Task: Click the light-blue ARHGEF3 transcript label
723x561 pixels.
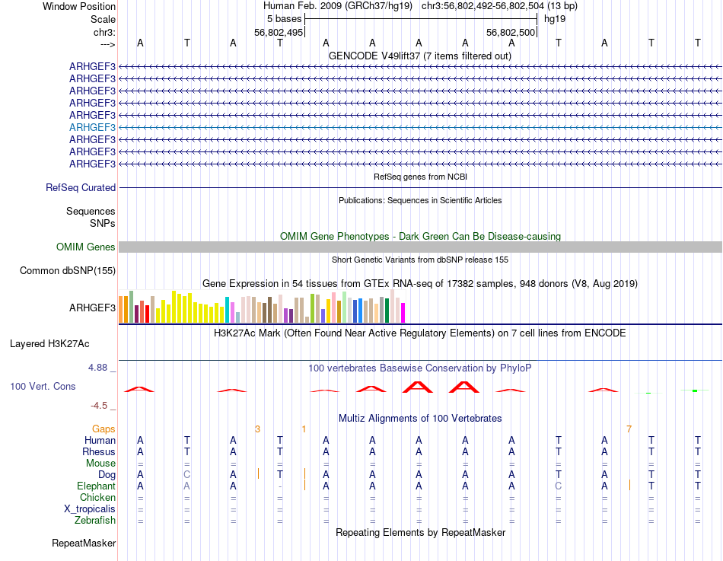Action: pyautogui.click(x=92, y=127)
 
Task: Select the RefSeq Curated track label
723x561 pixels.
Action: pyautogui.click(x=81, y=187)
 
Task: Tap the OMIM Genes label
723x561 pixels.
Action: pyautogui.click(x=86, y=247)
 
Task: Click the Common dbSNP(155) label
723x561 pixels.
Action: pyautogui.click(x=68, y=270)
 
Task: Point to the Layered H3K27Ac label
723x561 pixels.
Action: pyautogui.click(x=62, y=343)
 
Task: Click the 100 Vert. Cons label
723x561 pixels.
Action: pyautogui.click(x=43, y=387)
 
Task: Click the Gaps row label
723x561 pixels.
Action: pyautogui.click(x=104, y=429)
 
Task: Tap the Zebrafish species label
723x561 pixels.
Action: pyautogui.click(x=95, y=521)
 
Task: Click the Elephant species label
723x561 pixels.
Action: pyautogui.click(x=96, y=486)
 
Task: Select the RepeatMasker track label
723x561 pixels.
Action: pyautogui.click(x=84, y=543)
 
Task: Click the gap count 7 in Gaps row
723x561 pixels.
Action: pyautogui.click(x=629, y=429)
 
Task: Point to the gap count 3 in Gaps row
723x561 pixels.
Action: pyautogui.click(x=257, y=429)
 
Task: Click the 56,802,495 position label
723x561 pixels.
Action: pyautogui.click(x=279, y=33)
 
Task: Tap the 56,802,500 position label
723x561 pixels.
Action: pyautogui.click(x=511, y=33)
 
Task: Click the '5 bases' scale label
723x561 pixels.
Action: pyautogui.click(x=284, y=18)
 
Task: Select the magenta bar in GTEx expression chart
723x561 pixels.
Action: pyautogui.click(x=403, y=312)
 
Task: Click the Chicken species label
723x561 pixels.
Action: pyautogui.click(x=96, y=498)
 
